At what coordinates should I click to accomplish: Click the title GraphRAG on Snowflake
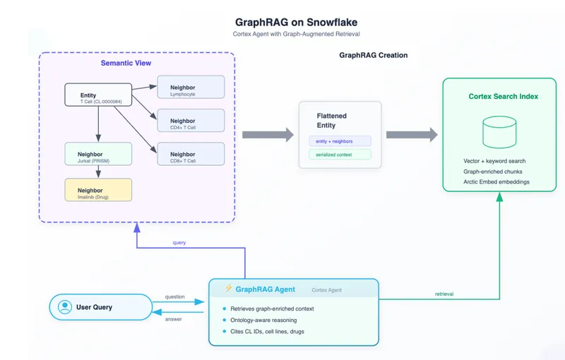click(x=296, y=23)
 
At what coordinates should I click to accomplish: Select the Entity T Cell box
click(x=98, y=95)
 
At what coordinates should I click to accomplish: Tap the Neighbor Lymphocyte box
click(x=191, y=87)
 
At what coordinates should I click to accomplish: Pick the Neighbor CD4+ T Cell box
click(x=191, y=121)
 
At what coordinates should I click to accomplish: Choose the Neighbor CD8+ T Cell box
click(x=191, y=154)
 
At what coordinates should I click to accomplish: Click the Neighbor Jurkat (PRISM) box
click(x=98, y=154)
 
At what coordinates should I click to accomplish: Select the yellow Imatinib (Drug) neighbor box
click(x=98, y=190)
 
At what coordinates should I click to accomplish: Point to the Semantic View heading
click(x=126, y=63)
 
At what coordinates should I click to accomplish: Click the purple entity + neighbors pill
click(x=340, y=141)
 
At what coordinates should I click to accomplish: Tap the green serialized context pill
click(x=340, y=155)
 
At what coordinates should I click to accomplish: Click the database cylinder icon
click(x=499, y=132)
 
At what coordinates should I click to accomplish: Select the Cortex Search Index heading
click(x=504, y=96)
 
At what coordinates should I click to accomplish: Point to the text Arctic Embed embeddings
click(x=496, y=182)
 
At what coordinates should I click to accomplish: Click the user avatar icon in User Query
click(x=65, y=307)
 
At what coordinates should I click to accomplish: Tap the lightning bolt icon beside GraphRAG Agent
click(x=228, y=288)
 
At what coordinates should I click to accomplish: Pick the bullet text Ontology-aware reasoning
click(x=263, y=320)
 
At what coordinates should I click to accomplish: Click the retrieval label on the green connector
click(x=444, y=294)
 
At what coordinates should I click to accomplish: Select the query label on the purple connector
click(x=179, y=243)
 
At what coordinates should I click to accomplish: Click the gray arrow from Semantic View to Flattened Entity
click(x=268, y=135)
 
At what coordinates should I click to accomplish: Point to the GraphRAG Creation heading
click(x=374, y=55)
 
